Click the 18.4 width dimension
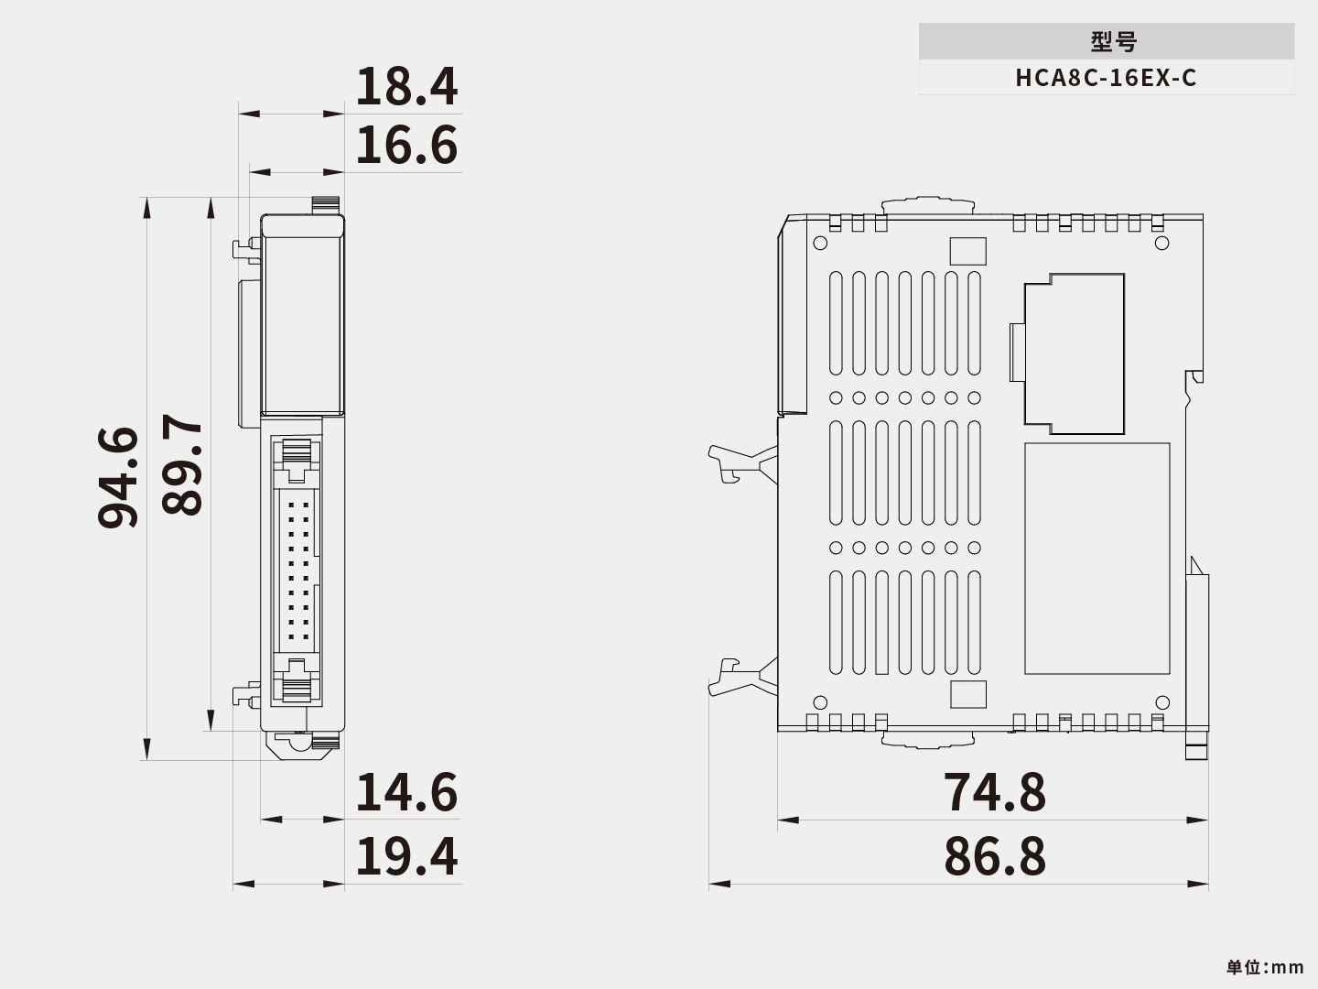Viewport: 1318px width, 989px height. click(405, 87)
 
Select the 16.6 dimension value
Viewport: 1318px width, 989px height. click(405, 146)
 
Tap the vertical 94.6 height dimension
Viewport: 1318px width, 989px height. click(119, 477)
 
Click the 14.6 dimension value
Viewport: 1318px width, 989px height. click(405, 792)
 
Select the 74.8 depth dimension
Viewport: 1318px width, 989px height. click(994, 792)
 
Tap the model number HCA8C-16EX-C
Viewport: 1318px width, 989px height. click(1106, 78)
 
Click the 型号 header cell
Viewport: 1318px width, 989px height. click(1106, 41)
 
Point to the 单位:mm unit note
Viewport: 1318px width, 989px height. click(1265, 967)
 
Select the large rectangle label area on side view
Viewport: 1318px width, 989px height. click(1097, 559)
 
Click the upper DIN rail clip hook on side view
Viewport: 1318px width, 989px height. click(738, 462)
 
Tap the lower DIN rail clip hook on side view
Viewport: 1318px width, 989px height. click(736, 678)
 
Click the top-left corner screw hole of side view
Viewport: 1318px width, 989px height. click(820, 243)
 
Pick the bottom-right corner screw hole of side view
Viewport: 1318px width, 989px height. click(1162, 703)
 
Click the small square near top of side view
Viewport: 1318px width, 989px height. click(968, 251)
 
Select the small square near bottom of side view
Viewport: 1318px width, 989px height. click(968, 694)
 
